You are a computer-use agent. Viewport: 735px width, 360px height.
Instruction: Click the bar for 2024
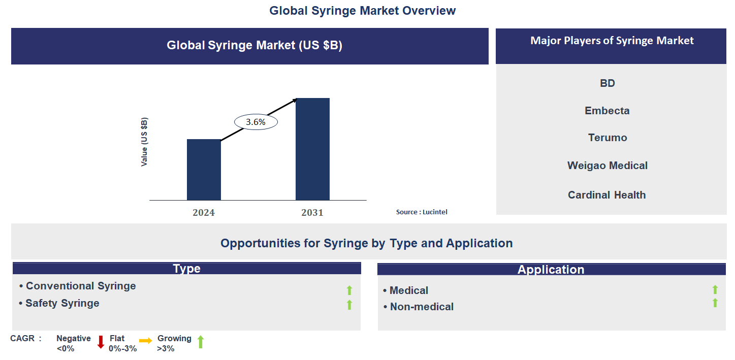point(204,170)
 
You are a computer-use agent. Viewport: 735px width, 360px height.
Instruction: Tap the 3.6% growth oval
point(255,122)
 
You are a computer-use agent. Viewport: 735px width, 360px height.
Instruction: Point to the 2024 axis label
point(204,213)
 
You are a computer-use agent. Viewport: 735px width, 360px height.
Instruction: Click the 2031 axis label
point(312,213)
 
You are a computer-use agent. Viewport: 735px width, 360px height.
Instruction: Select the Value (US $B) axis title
point(145,142)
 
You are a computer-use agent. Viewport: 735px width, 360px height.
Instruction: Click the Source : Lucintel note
point(422,212)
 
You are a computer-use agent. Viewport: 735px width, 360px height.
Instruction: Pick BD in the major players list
point(608,83)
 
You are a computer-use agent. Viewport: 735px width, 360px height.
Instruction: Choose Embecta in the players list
point(607,111)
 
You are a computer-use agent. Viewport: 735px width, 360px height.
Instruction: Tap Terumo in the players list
point(608,138)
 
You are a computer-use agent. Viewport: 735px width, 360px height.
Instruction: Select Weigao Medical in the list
point(608,166)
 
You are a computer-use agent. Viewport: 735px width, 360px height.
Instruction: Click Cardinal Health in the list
point(607,195)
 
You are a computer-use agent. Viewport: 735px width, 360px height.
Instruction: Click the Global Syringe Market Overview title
point(363,11)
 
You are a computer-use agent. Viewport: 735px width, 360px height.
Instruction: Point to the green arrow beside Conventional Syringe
point(349,290)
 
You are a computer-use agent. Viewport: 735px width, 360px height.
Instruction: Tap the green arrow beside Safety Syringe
point(349,305)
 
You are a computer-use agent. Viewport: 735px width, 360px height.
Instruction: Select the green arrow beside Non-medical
point(715,303)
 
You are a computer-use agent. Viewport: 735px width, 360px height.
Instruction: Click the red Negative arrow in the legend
point(101,342)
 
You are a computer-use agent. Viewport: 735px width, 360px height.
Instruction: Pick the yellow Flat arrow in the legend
point(146,341)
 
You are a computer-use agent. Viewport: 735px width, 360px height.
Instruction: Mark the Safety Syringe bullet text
point(62,303)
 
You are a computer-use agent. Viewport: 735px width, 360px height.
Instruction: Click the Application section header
point(551,270)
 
